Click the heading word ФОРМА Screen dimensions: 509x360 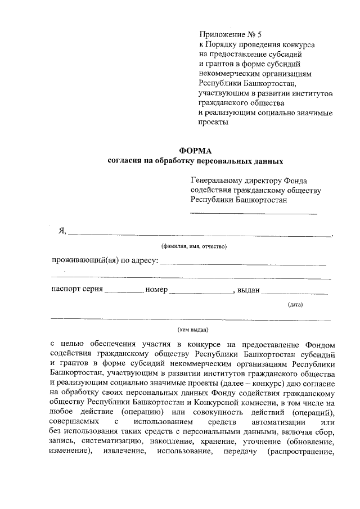click(x=195, y=151)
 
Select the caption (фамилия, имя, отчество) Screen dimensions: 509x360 click(x=193, y=246)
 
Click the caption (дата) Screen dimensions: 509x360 click(x=295, y=305)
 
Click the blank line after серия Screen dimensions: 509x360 click(x=124, y=291)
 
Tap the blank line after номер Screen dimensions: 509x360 click(x=200, y=291)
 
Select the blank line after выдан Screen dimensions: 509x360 click(x=295, y=291)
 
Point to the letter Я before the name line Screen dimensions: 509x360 click(x=62, y=231)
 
